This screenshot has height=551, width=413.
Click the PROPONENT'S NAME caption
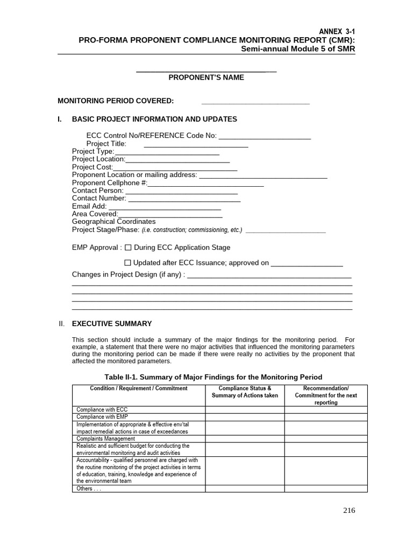click(206, 77)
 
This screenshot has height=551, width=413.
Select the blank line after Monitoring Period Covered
click(255, 102)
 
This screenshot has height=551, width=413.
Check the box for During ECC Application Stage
click(128, 248)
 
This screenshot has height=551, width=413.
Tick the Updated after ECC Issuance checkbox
click(127, 263)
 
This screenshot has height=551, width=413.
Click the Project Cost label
click(89, 167)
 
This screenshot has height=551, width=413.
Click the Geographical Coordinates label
click(113, 221)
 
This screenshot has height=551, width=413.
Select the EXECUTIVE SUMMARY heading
click(112, 324)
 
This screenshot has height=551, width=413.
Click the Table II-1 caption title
click(213, 377)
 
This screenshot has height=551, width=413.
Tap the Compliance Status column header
click(245, 392)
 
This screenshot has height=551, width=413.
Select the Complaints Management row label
click(105, 439)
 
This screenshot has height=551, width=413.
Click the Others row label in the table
click(89, 489)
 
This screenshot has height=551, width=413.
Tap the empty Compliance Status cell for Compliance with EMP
click(245, 416)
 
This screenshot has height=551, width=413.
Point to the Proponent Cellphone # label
click(109, 183)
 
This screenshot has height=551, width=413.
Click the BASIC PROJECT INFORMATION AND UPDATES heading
click(154, 119)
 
